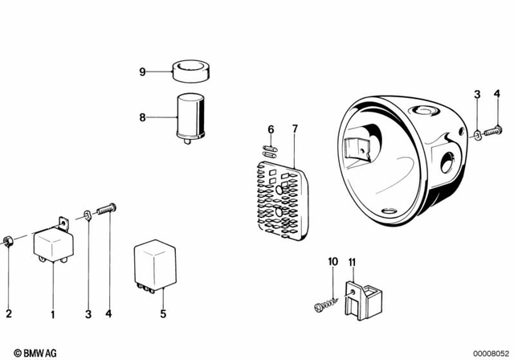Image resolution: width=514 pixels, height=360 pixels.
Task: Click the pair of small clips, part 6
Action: [271, 149]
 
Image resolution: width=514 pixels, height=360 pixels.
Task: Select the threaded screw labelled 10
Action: [326, 305]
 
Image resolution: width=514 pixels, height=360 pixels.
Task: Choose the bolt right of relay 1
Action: [106, 211]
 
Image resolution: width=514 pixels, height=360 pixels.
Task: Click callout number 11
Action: [352, 262]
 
